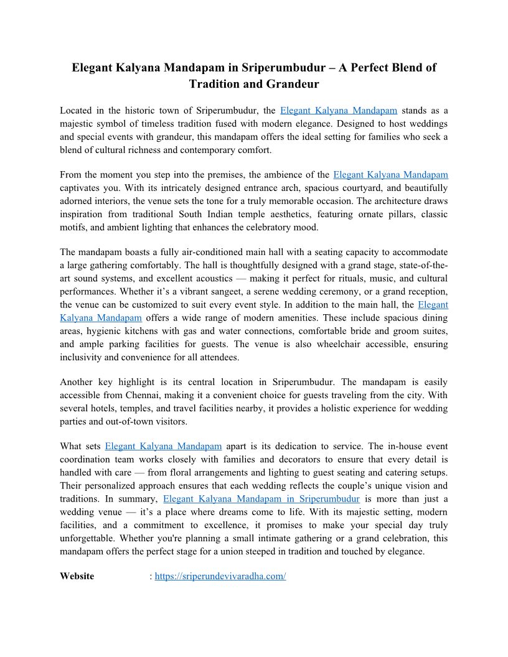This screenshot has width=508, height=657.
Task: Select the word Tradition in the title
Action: [215, 84]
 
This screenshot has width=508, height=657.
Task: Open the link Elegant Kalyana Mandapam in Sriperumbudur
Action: [261, 499]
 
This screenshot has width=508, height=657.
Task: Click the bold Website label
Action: [77, 576]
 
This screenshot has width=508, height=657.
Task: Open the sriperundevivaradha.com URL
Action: [220, 576]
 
